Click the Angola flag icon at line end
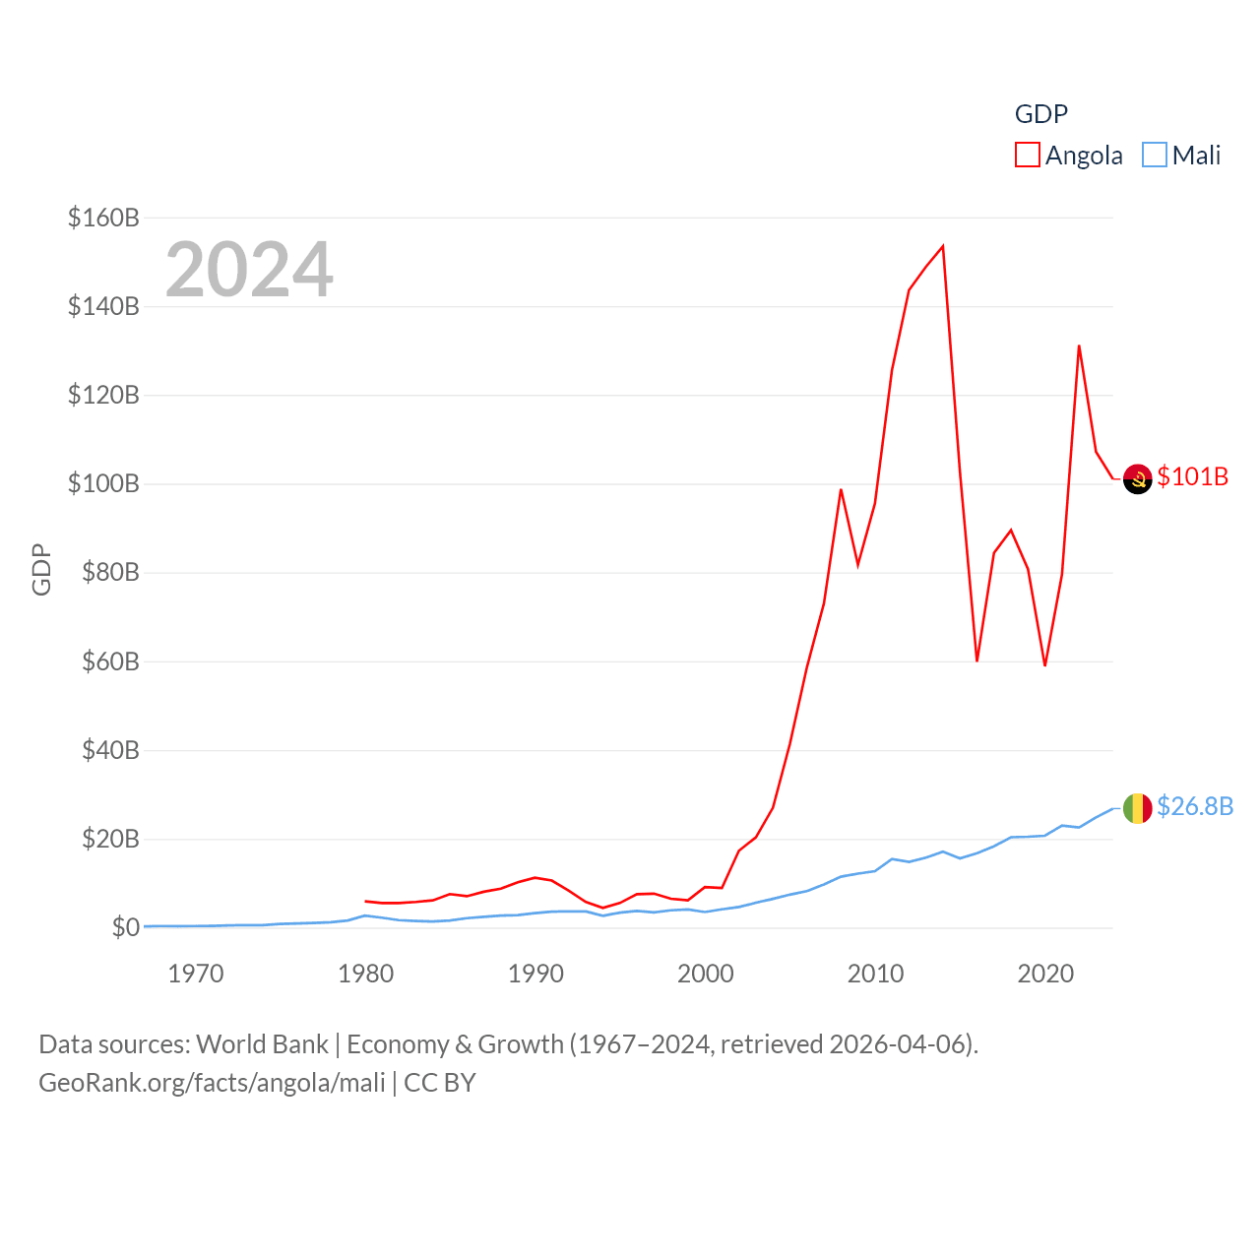(x=1137, y=478)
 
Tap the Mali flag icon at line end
(x=1137, y=808)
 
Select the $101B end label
(x=1192, y=476)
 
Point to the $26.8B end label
(x=1194, y=806)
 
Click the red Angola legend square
(x=1027, y=156)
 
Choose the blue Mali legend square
(x=1154, y=156)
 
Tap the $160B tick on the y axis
(x=103, y=218)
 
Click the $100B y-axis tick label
(x=103, y=483)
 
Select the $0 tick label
(x=125, y=927)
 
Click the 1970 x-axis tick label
(x=196, y=974)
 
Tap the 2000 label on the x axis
(x=705, y=974)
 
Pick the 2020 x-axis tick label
(x=1044, y=974)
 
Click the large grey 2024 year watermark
(x=249, y=270)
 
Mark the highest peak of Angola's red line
(x=943, y=246)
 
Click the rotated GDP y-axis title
(x=41, y=569)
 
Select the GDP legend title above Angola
(x=1040, y=114)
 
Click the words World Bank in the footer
(x=262, y=1043)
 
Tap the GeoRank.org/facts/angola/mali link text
(x=212, y=1083)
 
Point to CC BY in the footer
(x=440, y=1083)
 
